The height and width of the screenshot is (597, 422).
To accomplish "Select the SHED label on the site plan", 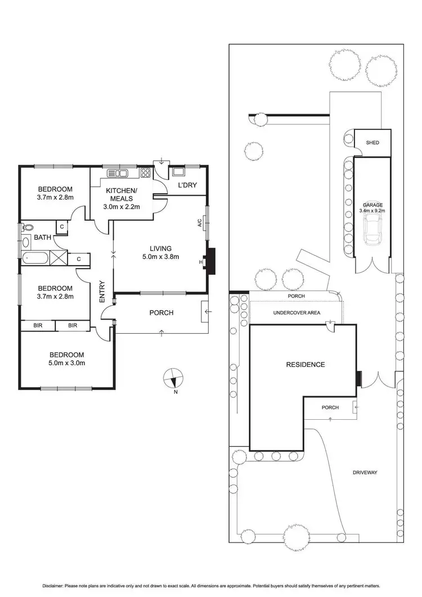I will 372,143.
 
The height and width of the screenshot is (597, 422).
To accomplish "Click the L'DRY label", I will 187,185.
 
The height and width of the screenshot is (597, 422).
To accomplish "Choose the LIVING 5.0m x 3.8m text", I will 160,253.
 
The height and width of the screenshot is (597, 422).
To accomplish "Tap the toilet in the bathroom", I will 26,228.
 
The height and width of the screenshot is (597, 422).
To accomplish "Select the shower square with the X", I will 58,258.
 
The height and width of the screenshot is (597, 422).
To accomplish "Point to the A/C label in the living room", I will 200,223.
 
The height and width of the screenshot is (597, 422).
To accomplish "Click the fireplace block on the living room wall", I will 210,262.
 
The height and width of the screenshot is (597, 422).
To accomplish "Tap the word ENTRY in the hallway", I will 102,292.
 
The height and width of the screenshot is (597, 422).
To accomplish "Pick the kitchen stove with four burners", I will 145,173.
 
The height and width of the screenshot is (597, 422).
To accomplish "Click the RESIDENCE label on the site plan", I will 306,365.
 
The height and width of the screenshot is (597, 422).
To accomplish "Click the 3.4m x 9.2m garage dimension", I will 372,211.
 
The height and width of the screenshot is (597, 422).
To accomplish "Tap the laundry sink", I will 178,172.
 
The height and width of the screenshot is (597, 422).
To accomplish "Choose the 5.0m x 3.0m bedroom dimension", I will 67,363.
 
